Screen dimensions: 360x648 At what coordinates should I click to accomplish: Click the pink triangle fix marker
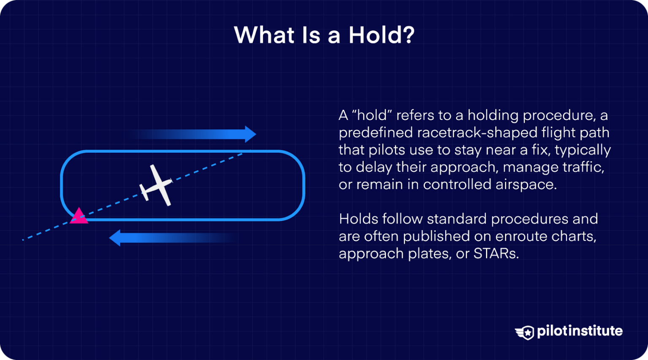[x=78, y=216]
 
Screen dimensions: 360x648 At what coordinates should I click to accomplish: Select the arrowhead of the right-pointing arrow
[x=250, y=134]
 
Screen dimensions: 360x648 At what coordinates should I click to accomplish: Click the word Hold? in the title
[x=381, y=35]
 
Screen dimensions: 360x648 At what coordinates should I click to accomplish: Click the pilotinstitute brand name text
[x=580, y=331]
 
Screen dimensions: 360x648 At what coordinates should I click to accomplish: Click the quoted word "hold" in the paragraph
[x=371, y=115]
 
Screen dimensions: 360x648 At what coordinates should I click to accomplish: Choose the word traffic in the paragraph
[x=584, y=167]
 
